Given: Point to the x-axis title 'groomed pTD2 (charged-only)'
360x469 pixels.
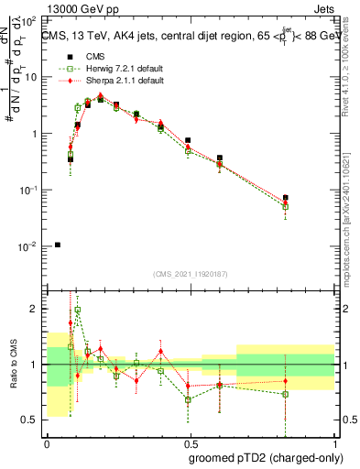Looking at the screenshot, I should (x=265, y=457).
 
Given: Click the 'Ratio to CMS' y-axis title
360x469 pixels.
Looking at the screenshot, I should (x=15, y=365).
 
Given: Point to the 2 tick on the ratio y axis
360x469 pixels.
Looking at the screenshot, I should (x=35, y=309).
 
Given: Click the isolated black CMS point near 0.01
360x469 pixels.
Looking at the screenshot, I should (x=58, y=245).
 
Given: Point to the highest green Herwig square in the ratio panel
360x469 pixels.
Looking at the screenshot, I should (x=78, y=311).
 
